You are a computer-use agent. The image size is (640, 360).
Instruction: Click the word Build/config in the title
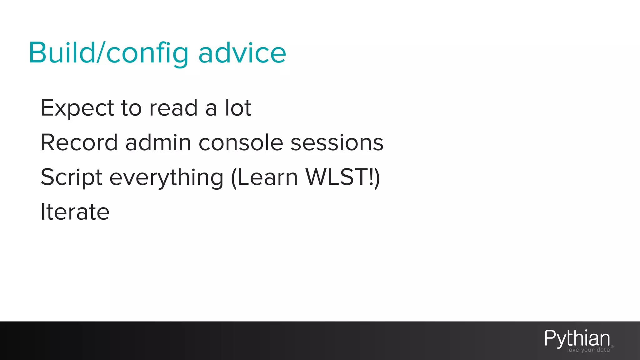point(108,53)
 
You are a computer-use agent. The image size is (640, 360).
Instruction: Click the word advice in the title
point(242,53)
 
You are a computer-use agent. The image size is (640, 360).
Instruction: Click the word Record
point(79,143)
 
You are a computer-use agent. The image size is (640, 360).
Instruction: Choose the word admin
point(158,143)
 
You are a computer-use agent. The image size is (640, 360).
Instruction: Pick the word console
point(241,143)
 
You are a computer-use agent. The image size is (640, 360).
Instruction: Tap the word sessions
point(337,143)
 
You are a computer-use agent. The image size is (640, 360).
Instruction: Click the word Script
point(72,177)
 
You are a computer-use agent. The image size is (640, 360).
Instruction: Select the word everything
point(167,177)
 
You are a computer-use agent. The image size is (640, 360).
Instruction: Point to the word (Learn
point(264,177)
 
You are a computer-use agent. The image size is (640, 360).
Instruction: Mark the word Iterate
point(75,212)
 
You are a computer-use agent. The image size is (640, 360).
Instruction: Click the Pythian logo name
point(577,338)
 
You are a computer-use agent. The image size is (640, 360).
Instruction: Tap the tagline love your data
point(588,350)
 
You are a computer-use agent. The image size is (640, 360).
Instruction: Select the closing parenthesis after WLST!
point(377,177)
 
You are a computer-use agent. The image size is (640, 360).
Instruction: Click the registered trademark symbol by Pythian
point(612,347)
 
